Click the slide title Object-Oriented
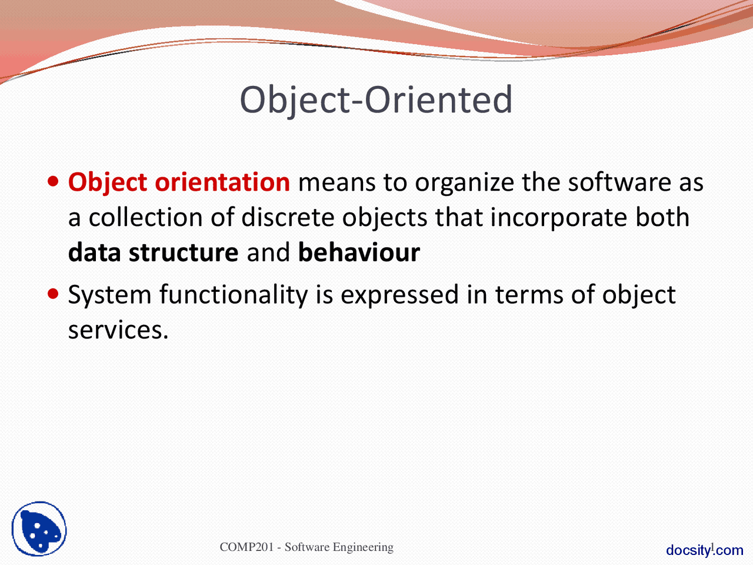click(376, 99)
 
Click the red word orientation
click(222, 182)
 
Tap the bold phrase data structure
click(153, 253)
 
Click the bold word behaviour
click(359, 253)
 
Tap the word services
click(118, 330)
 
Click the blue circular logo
click(39, 529)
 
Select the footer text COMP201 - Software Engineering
click(306, 547)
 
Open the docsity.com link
click(704, 550)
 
